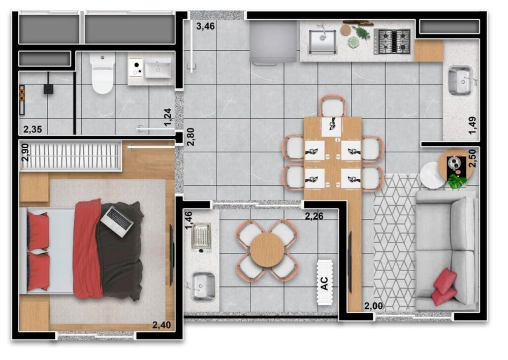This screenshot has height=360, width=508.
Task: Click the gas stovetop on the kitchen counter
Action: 392,41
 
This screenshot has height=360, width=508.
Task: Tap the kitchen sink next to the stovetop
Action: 322,41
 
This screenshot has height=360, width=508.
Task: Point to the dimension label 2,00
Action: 373,306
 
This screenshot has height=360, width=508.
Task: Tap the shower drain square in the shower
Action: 49,89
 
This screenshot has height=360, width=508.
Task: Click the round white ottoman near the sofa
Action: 432,175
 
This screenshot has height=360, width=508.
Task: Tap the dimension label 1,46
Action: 188,221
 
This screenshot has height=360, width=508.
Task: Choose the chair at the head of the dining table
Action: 332,107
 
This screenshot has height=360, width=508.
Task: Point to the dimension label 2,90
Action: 25,153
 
